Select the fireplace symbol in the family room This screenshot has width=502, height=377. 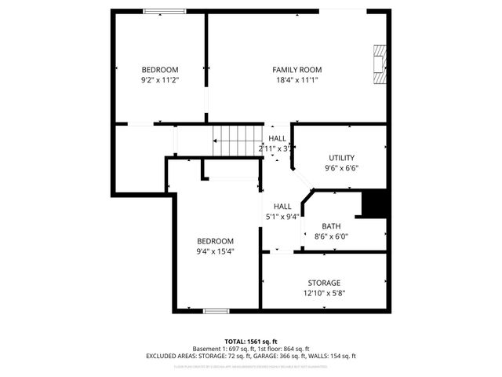tap(380, 65)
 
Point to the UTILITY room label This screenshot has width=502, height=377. tap(341, 157)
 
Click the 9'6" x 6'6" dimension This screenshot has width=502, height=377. tap(341, 167)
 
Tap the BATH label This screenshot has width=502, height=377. tap(331, 225)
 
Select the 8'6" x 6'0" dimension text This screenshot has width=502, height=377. tap(331, 236)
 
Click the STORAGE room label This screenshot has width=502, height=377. tap(323, 283)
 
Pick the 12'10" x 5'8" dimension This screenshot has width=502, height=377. tap(323, 293)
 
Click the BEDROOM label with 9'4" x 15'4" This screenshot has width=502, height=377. tap(215, 241)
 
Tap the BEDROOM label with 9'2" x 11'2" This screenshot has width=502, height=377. tap(160, 69)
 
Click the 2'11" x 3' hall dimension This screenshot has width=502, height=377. tap(275, 148)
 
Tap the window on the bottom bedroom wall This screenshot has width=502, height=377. tap(216, 311)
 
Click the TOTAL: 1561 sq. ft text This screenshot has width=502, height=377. tap(251, 342)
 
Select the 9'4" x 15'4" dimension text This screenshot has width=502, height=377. tap(215, 251)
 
